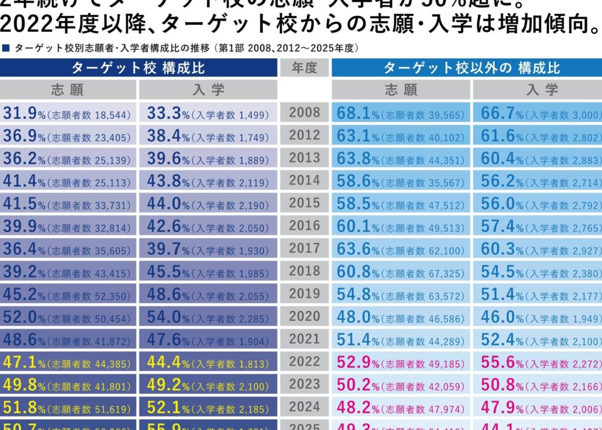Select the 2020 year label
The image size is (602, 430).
(305, 316)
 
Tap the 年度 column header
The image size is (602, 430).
(305, 68)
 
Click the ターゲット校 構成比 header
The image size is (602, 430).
(138, 68)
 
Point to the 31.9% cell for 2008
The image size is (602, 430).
(68, 114)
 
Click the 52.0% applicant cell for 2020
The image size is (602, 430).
(68, 317)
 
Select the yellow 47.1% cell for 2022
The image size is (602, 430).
(68, 362)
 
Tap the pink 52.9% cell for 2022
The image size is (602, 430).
(401, 362)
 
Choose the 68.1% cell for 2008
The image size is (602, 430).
(401, 114)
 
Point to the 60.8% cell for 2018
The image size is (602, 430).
(401, 272)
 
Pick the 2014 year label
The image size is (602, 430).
(305, 181)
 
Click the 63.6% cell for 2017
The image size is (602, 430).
(401, 249)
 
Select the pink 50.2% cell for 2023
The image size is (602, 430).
(401, 385)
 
